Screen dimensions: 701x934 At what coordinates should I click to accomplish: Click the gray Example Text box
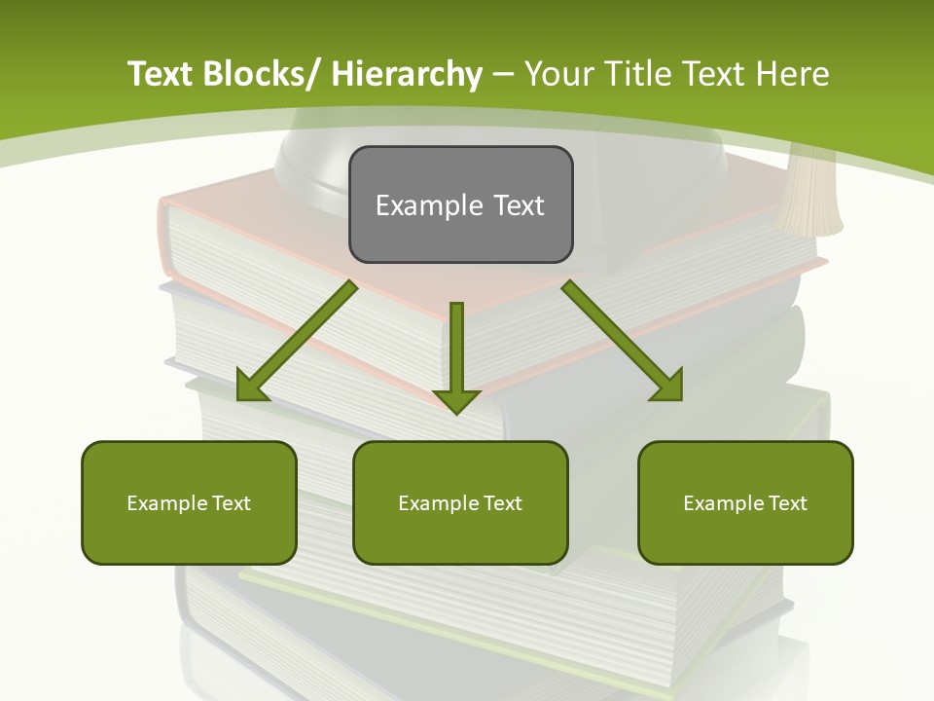coord(460,204)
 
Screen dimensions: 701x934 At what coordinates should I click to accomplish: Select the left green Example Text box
coord(189,502)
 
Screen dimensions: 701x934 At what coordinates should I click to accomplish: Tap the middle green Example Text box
coord(460,502)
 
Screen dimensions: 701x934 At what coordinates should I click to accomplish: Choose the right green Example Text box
coord(745,502)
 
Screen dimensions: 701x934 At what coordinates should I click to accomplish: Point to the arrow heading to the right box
coord(623,341)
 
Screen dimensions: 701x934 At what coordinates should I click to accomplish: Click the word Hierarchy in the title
coord(407,74)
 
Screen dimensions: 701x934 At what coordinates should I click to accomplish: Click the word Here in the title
coord(793,74)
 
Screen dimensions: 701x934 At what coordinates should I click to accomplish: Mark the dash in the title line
coord(503,75)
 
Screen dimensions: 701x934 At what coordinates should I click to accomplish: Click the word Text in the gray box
coord(518,205)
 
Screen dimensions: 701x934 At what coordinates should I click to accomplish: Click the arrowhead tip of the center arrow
coord(456,413)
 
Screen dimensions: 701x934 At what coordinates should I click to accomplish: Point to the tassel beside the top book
coord(811,195)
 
